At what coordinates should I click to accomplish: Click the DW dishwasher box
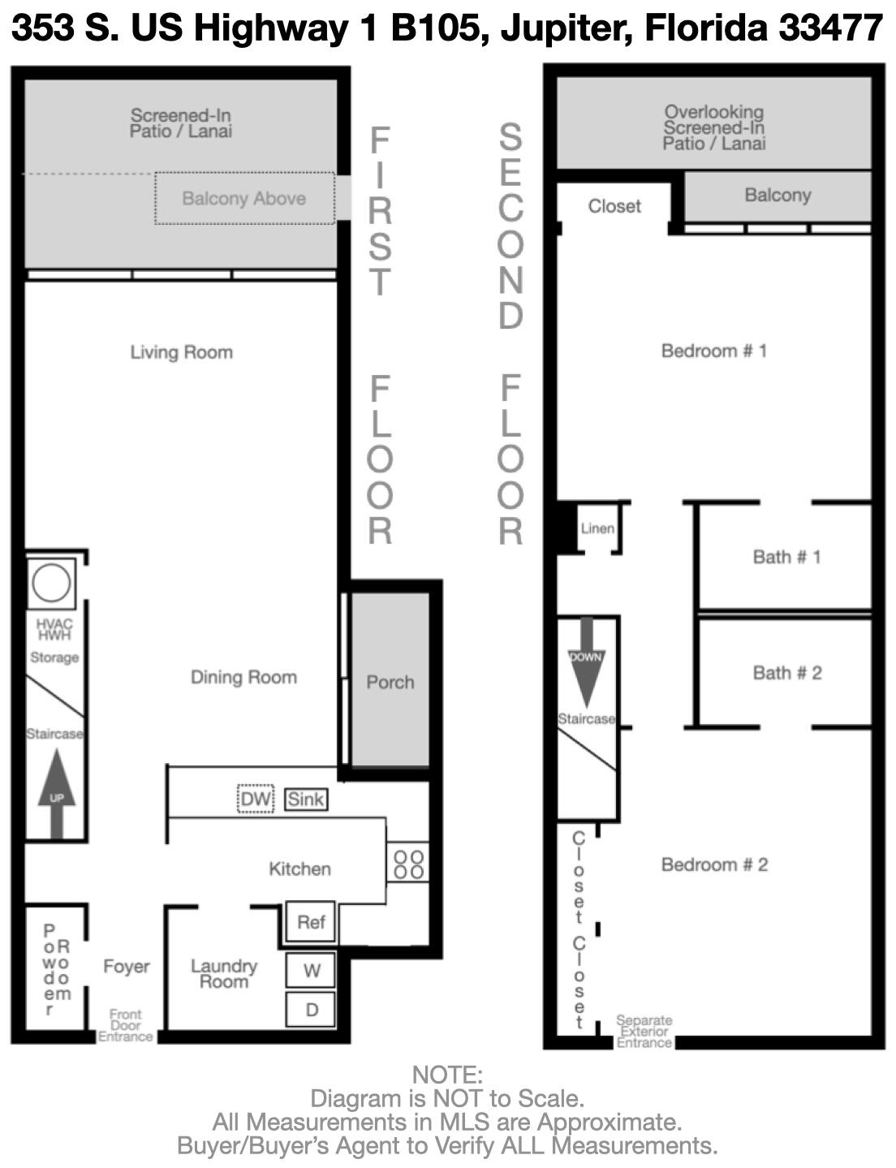tap(256, 799)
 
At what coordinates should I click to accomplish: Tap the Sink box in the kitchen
tap(306, 799)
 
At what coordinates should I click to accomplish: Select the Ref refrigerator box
tap(311, 922)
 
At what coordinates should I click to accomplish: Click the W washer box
tap(311, 971)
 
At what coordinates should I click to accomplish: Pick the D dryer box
tap(311, 1010)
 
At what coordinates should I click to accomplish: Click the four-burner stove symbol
tap(407, 864)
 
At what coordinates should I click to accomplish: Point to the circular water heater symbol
tap(51, 583)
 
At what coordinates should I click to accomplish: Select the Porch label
tap(390, 682)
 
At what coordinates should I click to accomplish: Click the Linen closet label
tap(597, 528)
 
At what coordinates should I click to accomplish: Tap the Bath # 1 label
tap(786, 557)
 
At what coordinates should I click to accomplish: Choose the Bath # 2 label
tap(786, 673)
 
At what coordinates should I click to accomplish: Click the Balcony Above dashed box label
tap(243, 198)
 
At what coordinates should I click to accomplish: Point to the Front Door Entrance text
tap(126, 1025)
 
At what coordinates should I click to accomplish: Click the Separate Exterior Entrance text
tap(644, 1031)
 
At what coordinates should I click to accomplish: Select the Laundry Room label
tap(224, 973)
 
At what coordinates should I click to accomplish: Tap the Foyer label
tap(127, 966)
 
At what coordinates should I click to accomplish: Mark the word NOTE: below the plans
tap(447, 1075)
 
